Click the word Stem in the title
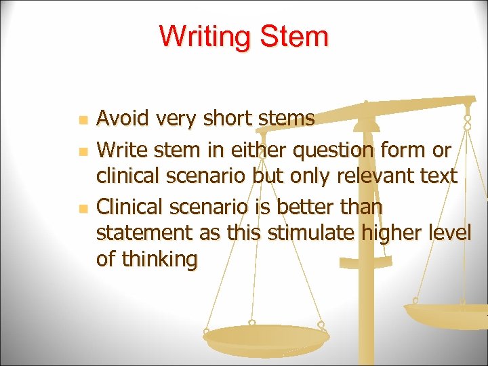(x=293, y=36)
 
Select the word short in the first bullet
(x=225, y=119)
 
